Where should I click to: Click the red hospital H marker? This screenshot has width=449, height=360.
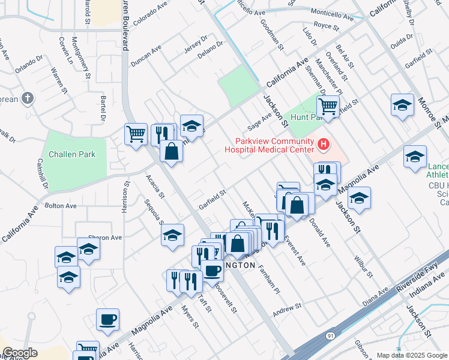(x=324, y=144)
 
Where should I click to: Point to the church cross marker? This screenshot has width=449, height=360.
(x=27, y=98)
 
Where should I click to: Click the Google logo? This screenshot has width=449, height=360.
(x=20, y=353)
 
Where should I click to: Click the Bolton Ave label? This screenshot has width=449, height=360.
(x=61, y=206)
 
